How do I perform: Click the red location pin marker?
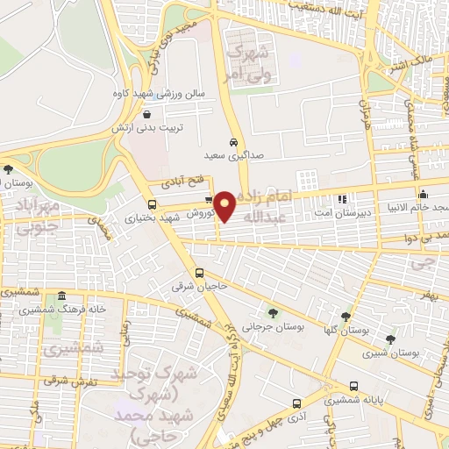coord(225,205)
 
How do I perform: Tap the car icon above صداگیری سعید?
coord(232,141)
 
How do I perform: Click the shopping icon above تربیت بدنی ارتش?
coord(146,113)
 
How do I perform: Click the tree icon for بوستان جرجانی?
coord(272,313)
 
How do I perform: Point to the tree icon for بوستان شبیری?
coord(390,339)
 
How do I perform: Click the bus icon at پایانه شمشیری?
coord(353,386)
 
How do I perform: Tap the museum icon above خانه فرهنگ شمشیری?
coord(61,296)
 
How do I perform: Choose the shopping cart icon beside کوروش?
coord(208,199)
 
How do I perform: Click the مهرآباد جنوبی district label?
coord(36,216)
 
